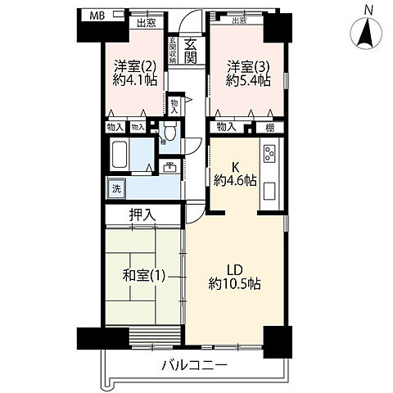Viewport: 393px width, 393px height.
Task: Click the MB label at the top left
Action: coord(97,16)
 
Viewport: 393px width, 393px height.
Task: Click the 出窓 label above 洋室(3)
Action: coord(238,22)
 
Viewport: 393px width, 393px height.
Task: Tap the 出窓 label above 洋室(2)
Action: coord(146,24)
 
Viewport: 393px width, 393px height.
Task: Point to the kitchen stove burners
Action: coord(270,154)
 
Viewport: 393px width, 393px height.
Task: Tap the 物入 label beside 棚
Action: coord(226,127)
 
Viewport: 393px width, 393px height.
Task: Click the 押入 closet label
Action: coord(142,215)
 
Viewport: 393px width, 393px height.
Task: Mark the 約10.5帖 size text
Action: coord(235,283)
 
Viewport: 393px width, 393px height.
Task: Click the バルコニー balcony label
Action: coord(194,364)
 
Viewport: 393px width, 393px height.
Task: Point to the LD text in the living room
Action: coord(233,269)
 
